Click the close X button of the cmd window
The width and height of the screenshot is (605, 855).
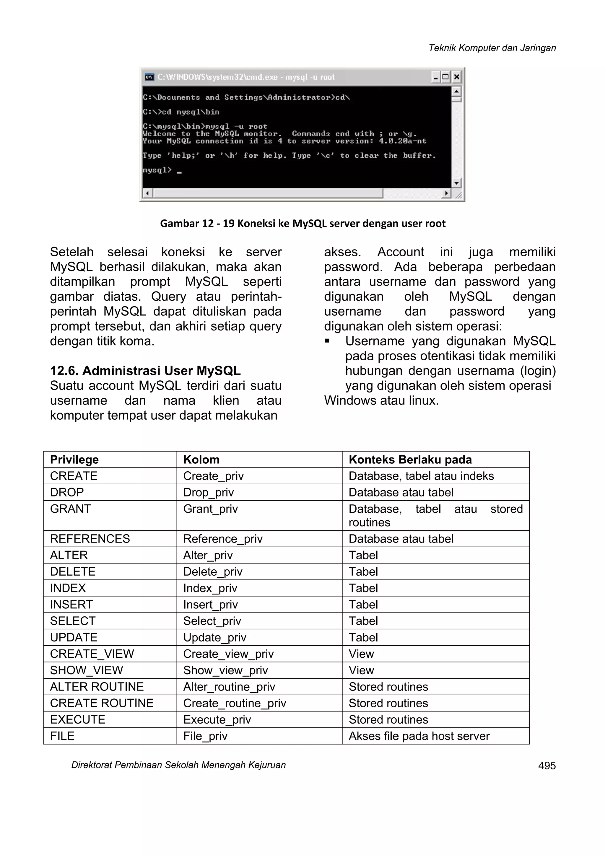click(x=456, y=77)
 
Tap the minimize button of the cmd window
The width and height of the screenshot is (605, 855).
click(x=435, y=77)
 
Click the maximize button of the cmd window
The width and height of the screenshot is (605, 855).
click(x=445, y=77)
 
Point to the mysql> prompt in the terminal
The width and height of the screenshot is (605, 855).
click(x=157, y=170)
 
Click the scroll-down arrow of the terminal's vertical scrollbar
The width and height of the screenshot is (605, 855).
click(x=456, y=183)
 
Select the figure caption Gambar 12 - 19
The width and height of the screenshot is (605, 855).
click(x=302, y=224)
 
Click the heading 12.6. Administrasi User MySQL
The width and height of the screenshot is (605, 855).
click(x=145, y=371)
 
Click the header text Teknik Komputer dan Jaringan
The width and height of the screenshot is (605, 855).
click(x=492, y=48)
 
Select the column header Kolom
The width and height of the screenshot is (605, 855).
click(x=201, y=460)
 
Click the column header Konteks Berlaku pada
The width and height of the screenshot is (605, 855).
click(x=410, y=460)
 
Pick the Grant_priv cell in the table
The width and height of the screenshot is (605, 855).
click(x=211, y=509)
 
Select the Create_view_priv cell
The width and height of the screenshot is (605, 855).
click(x=228, y=654)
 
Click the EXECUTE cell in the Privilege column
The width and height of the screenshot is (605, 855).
click(x=77, y=719)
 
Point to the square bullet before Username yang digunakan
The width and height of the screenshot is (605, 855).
click(x=327, y=341)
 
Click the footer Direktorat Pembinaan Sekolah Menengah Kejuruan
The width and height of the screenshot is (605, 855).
click(x=178, y=765)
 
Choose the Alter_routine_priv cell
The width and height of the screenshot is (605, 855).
click(x=229, y=687)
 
